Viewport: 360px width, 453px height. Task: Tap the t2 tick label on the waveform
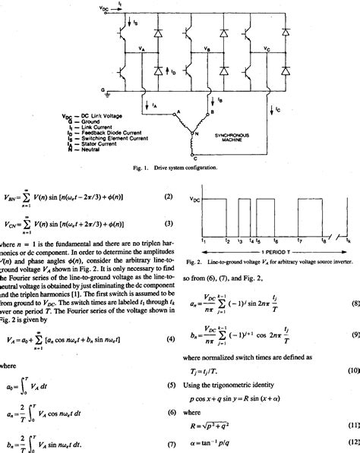(226, 240)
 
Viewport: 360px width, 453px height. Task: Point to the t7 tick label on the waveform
(300, 240)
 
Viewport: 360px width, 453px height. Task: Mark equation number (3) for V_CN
(170, 224)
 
